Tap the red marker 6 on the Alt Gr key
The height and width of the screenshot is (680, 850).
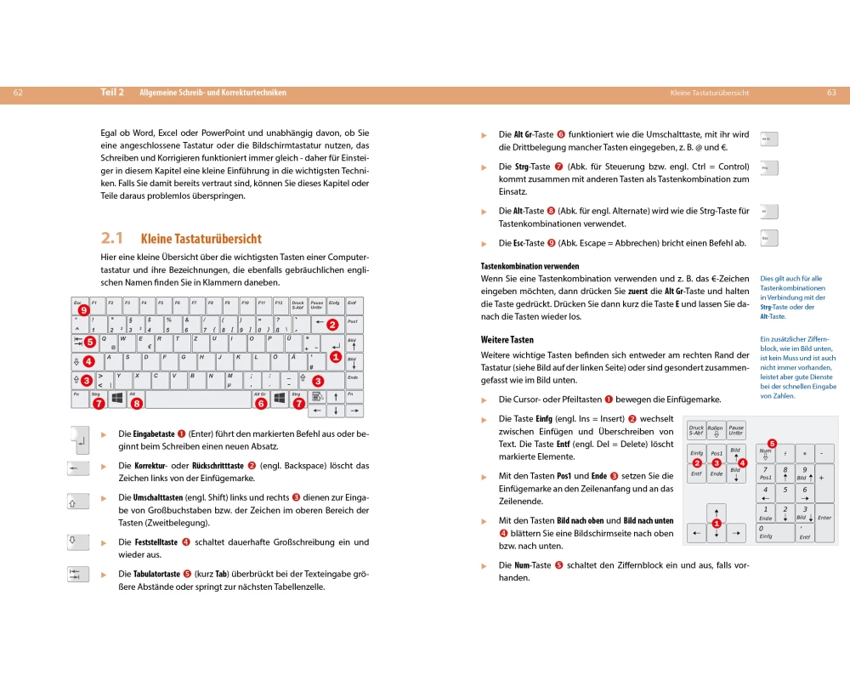260,404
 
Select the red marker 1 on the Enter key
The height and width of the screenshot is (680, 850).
335,357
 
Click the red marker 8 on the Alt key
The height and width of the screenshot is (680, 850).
136,404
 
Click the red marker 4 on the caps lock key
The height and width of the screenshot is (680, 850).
88,361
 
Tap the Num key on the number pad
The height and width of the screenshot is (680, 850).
765,453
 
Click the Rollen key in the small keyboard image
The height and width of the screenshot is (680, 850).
716,431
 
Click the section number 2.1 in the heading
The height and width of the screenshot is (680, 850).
112,238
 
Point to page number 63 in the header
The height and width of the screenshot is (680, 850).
831,93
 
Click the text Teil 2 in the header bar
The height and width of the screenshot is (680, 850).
112,93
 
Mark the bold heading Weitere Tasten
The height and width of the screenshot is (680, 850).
507,340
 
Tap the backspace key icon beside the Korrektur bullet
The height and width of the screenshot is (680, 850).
77,468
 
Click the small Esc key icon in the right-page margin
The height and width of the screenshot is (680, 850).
768,239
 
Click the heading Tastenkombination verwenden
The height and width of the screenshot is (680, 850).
530,266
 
